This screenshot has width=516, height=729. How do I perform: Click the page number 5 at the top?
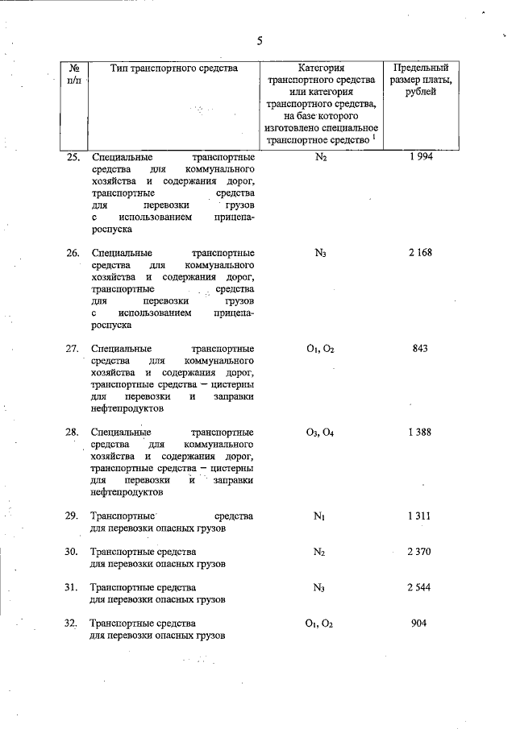click(x=260, y=42)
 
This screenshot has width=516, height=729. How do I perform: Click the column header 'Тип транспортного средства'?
click(x=174, y=68)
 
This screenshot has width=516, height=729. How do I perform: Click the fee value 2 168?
click(x=420, y=253)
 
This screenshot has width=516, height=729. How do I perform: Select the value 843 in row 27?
click(x=419, y=349)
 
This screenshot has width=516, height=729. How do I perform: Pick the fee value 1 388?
click(x=419, y=432)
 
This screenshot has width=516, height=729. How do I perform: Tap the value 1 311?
click(x=420, y=516)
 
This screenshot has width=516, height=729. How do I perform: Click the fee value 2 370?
click(x=420, y=552)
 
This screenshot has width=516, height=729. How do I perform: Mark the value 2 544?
click(x=420, y=588)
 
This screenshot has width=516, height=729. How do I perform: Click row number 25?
click(x=73, y=157)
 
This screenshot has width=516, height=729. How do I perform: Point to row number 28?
click(x=73, y=433)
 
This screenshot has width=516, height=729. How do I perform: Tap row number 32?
click(x=73, y=623)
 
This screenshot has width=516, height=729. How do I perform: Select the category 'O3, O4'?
click(x=320, y=433)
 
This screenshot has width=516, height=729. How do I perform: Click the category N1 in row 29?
click(x=320, y=516)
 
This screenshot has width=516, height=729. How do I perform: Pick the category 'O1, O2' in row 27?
click(x=320, y=349)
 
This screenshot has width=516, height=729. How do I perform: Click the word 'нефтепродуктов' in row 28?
click(x=127, y=491)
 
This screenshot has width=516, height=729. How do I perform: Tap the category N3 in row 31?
click(x=320, y=588)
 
